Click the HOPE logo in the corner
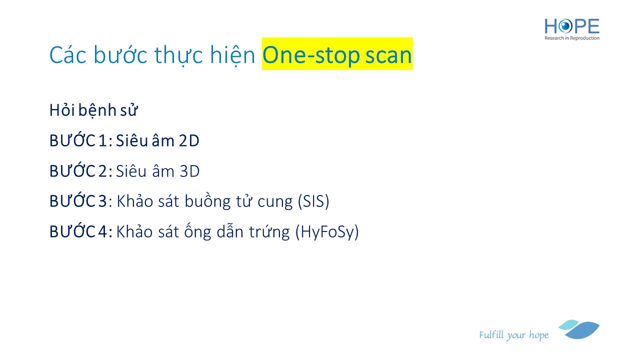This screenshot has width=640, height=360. coord(571,29)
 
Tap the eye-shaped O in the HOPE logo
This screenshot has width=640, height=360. coord(565,26)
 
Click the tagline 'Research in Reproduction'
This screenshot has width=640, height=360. coord(571,38)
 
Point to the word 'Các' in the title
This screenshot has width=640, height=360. coord(68,54)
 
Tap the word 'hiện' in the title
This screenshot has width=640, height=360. coord(232,55)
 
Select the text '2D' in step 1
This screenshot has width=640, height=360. coord(189,140)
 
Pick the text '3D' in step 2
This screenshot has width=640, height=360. coord(189,171)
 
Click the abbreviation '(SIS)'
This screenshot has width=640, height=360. coord(313,201)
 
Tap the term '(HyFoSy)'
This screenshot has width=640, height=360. coord(327,231)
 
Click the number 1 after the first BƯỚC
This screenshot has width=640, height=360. coord(103,140)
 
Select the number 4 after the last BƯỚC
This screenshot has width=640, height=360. coord(103,231)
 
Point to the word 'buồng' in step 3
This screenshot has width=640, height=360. coord(207,201)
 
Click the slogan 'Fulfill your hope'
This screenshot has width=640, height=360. coord(513,335)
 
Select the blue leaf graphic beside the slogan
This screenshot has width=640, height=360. coord(579,329)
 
